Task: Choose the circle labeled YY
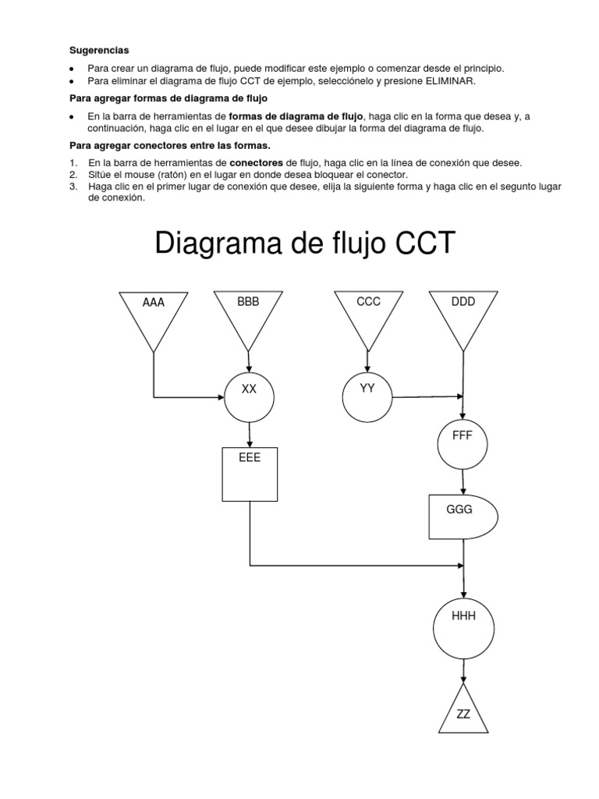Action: [367, 397]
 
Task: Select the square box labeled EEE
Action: [250, 474]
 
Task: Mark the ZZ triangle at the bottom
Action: [463, 712]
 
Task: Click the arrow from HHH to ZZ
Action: [463, 670]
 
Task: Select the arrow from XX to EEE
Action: [249, 434]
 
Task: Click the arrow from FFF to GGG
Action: [463, 480]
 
